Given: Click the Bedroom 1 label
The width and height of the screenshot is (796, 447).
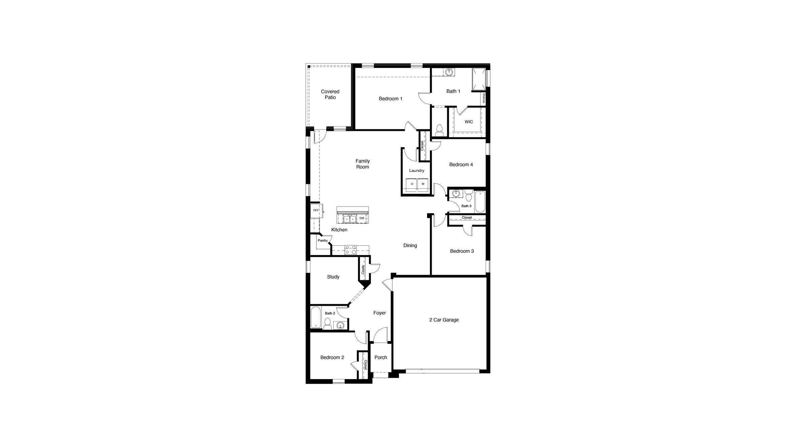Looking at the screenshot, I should (x=390, y=99).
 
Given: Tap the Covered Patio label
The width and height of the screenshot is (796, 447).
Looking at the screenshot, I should (x=330, y=94).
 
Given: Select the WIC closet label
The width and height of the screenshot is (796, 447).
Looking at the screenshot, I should (x=469, y=122).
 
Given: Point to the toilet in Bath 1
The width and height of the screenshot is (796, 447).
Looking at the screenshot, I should (x=439, y=130).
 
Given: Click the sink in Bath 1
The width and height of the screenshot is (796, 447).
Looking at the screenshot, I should (x=449, y=72).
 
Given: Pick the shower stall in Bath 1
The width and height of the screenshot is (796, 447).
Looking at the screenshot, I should (x=479, y=80).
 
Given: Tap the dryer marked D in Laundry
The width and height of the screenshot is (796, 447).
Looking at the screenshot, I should (x=412, y=184).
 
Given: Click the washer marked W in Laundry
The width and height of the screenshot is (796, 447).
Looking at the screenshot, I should (x=423, y=184).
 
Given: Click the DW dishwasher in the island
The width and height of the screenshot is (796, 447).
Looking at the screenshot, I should (x=362, y=218).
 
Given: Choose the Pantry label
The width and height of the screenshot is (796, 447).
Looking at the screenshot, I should (x=323, y=240).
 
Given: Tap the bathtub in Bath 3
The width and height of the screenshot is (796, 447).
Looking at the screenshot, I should (x=480, y=202).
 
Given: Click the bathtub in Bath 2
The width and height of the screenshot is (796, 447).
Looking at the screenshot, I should (x=316, y=317).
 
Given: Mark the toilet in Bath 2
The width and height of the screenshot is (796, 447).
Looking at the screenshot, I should (x=327, y=324).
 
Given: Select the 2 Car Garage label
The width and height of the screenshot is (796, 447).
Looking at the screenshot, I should (x=444, y=320).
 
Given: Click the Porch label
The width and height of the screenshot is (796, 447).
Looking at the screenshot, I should (x=380, y=358).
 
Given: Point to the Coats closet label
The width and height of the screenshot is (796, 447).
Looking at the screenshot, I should (x=363, y=269).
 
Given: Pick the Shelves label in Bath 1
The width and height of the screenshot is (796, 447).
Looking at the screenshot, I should (x=484, y=98).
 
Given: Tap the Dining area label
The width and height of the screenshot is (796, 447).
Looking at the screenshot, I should (x=410, y=246).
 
